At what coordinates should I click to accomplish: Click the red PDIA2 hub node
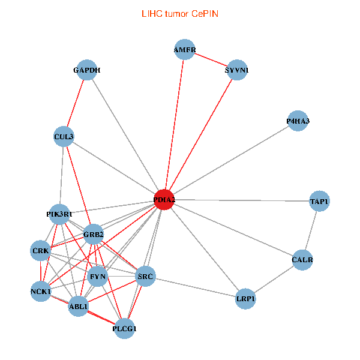[164, 200]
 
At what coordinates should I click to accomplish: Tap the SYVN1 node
[236, 70]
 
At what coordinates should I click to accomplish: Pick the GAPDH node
[87, 70]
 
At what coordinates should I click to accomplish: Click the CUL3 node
[64, 137]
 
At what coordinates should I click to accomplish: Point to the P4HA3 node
[298, 121]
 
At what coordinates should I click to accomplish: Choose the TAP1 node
[319, 201]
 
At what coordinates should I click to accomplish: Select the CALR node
[302, 260]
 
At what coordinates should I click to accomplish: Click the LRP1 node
[246, 298]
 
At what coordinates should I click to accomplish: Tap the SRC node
[146, 277]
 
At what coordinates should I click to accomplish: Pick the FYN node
[98, 277]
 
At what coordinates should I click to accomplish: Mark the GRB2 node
[94, 234]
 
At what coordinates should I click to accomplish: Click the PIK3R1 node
[59, 214]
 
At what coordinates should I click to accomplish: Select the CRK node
[41, 250]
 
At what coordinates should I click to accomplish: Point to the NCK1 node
[41, 292]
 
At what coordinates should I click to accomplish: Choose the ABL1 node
[79, 306]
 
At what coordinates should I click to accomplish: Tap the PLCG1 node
[125, 328]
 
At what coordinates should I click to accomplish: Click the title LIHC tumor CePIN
[179, 13]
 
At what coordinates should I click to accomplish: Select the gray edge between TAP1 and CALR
[311, 230]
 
